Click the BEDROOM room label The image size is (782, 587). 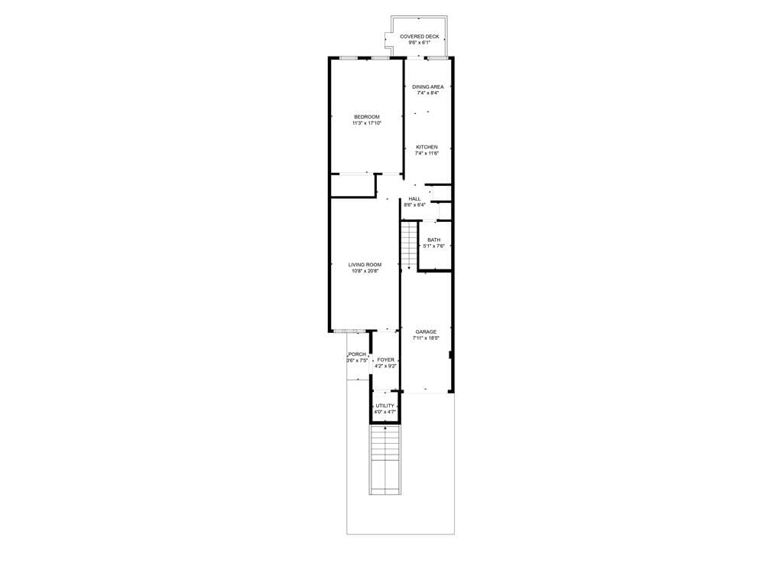[367, 117]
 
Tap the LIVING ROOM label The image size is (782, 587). [365, 265]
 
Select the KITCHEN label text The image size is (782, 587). [427, 147]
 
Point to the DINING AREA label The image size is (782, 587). [428, 86]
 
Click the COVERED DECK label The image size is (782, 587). [420, 37]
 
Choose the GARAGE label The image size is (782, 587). [426, 332]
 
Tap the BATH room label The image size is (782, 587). [434, 240]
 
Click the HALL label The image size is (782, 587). [414, 199]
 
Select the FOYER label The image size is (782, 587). [385, 360]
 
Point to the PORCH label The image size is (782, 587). [357, 354]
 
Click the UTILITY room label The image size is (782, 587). [385, 406]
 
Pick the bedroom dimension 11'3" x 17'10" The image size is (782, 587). [367, 122]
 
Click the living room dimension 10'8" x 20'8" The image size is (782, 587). [365, 271]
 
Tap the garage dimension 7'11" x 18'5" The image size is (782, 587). [426, 338]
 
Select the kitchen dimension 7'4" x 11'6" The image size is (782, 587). [427, 153]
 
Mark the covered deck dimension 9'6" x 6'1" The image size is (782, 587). [420, 42]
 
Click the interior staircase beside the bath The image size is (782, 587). [409, 245]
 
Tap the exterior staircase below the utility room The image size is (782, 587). [385, 460]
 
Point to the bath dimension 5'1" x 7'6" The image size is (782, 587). [434, 246]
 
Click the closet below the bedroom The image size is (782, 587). [353, 185]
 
